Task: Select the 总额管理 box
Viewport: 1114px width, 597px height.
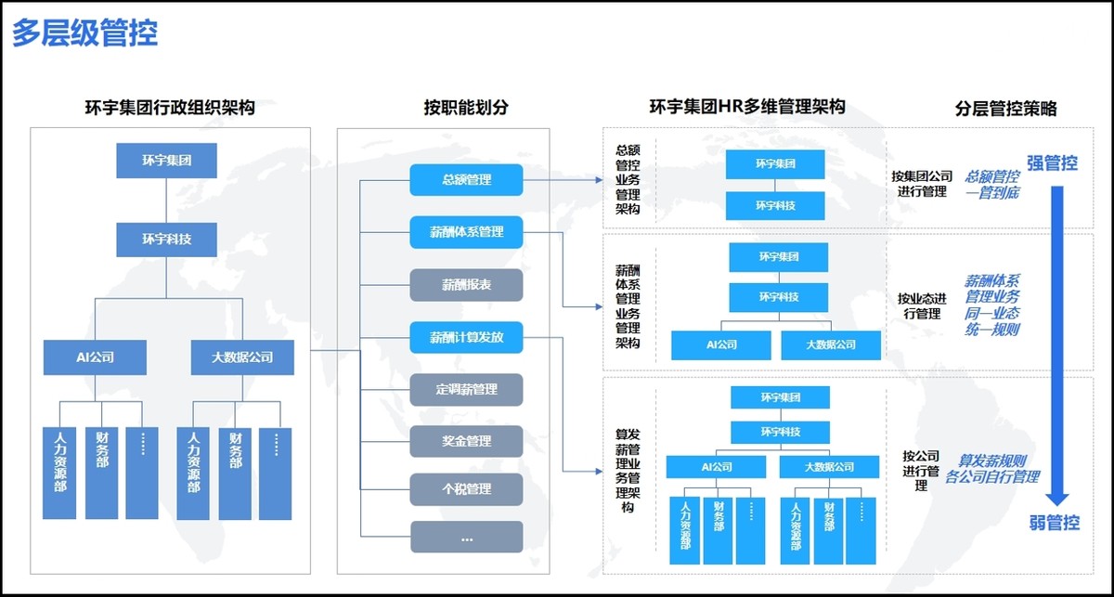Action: click(466, 179)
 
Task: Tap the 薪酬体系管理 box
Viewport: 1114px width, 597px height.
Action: click(466, 231)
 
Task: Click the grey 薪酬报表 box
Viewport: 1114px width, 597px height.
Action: click(466, 285)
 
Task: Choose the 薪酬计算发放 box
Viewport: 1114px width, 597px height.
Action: click(466, 337)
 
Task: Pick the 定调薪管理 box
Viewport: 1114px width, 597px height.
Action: click(466, 389)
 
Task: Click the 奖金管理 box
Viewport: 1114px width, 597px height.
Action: click(466, 441)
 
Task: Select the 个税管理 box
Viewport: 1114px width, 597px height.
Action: click(466, 489)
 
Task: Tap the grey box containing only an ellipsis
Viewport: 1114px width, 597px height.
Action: click(466, 538)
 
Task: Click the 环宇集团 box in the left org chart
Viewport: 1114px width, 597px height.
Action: click(167, 160)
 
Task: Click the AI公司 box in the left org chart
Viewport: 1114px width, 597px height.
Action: click(95, 357)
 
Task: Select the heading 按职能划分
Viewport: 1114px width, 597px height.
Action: click(466, 108)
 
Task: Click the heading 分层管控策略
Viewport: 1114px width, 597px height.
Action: click(1005, 108)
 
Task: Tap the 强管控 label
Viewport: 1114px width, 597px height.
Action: click(1052, 163)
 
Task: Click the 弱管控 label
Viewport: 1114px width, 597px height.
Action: click(1054, 522)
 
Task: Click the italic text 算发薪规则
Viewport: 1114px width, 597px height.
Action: click(992, 461)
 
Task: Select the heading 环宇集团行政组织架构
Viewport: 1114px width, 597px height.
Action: click(170, 108)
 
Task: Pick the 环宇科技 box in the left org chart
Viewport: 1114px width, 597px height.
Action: click(167, 239)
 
